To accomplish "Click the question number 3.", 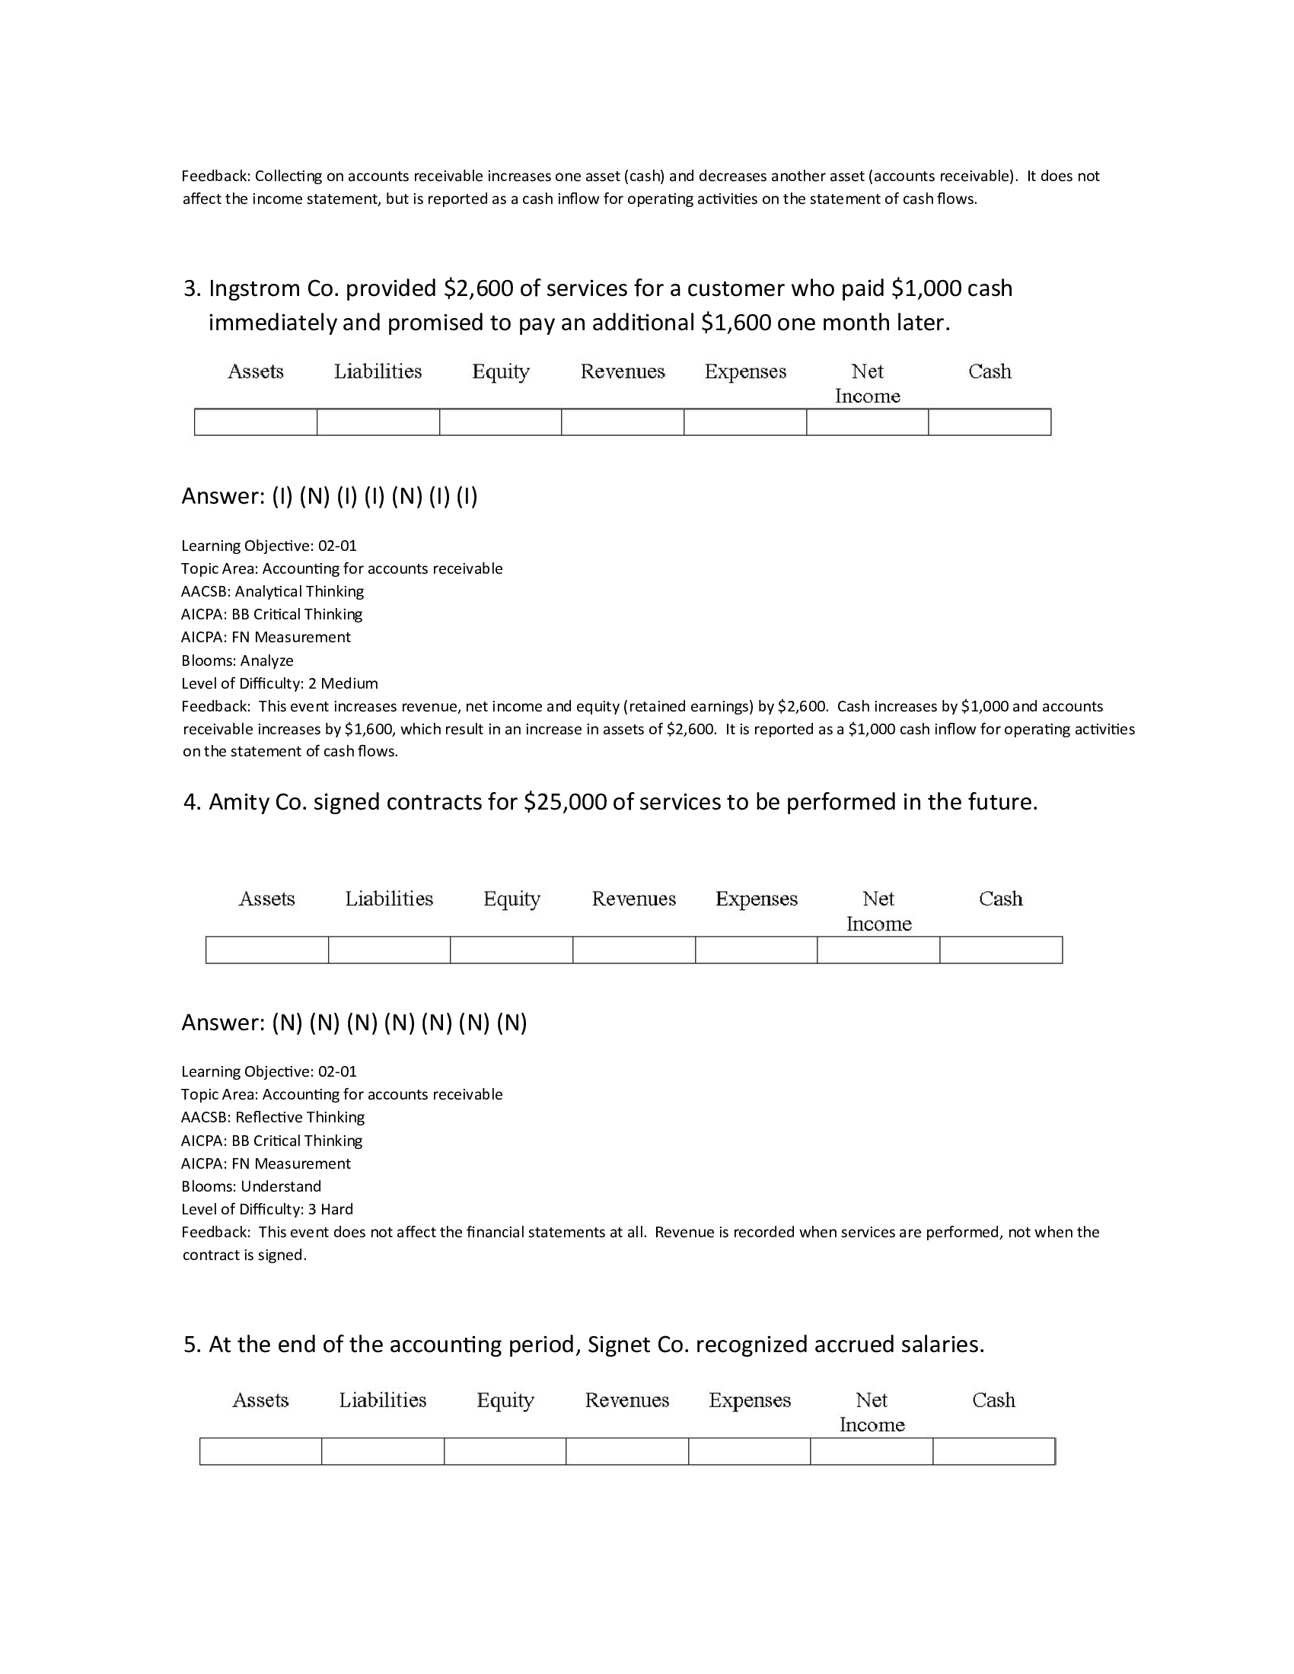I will click(191, 289).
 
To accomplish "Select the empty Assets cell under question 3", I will click(255, 422).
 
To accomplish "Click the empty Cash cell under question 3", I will click(989, 422).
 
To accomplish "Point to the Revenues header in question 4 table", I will click(633, 899).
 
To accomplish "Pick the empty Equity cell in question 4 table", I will click(512, 950).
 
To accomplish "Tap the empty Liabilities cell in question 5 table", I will click(383, 1452).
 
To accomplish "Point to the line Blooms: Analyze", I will click(237, 660).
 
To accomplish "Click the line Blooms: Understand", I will click(250, 1186).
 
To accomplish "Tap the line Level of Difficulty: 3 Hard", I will click(266, 1210).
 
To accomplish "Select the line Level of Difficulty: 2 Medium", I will click(279, 684).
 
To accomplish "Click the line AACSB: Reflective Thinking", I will click(273, 1118).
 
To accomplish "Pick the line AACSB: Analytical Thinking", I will click(273, 592).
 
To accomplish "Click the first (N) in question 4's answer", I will click(287, 1023).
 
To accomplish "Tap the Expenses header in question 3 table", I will click(745, 372).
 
